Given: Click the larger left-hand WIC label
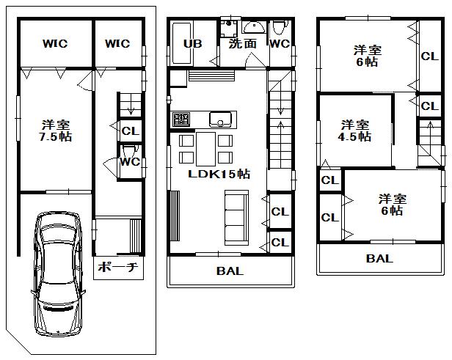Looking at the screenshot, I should tap(54, 44).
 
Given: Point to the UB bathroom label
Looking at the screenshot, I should tap(192, 44).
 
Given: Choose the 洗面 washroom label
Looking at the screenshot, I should tap(243, 44).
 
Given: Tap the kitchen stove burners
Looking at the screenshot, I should tap(181, 119).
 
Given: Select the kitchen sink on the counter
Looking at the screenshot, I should tap(220, 119).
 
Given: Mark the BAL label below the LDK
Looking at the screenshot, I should tap(230, 271).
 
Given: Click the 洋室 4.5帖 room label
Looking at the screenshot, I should tap(354, 130).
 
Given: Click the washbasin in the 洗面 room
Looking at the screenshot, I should tap(254, 28).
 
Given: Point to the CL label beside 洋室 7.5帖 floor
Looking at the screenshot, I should tap(129, 131).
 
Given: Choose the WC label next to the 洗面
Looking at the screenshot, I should tap(279, 44).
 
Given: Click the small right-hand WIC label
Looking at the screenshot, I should tap(117, 44).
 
